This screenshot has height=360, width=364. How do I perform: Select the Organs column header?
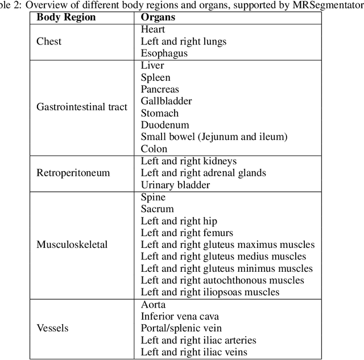click(158, 17)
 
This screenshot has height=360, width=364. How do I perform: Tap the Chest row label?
click(49, 42)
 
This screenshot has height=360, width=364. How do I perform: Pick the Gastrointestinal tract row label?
click(81, 106)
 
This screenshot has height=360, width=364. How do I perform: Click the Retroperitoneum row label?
click(73, 173)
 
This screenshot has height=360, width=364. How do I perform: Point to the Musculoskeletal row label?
click(72, 245)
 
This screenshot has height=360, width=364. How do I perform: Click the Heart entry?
click(153, 30)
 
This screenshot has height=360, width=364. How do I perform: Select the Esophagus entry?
click(164, 53)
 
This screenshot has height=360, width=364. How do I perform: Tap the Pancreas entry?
click(160, 89)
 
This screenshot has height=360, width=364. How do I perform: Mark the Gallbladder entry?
click(166, 101)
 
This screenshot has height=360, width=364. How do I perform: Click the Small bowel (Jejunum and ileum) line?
click(214, 137)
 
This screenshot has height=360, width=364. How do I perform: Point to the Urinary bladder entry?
click(175, 185)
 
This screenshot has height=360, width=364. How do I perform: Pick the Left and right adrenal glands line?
click(203, 173)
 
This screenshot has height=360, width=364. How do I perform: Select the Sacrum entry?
click(157, 209)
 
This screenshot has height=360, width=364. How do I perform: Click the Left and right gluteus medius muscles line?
click(223, 256)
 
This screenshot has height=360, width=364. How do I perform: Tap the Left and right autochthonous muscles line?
click(222, 280)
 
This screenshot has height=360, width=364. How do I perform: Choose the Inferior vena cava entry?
click(180, 316)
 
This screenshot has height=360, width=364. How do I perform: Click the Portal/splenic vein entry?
click(180, 328)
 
